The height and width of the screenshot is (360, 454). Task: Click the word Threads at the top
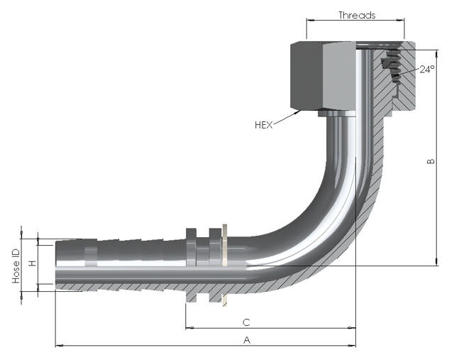pos(357,15)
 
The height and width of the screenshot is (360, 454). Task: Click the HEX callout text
pos(265,125)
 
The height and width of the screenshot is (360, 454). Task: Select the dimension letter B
pos(431,163)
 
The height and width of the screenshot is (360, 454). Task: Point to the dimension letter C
pos(245,321)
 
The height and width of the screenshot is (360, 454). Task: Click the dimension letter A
pos(247,339)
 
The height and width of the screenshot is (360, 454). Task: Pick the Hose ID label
pos(16,266)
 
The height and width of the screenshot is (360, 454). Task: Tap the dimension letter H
pos(32,263)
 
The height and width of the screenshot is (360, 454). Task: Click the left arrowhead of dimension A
pos(58,346)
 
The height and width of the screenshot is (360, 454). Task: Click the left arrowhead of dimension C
pos(189,328)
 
